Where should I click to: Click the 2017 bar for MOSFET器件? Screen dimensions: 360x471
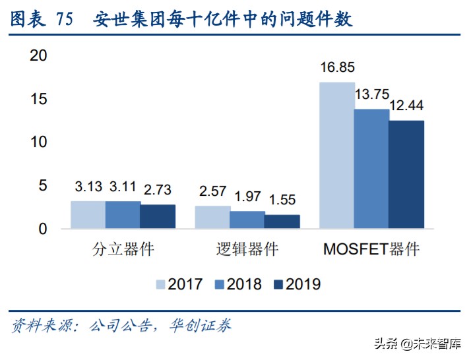[336, 156]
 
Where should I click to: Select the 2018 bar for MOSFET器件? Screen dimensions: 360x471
[371, 169]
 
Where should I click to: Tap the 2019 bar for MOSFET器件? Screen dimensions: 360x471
[406, 175]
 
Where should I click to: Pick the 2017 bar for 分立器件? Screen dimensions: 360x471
[88, 215]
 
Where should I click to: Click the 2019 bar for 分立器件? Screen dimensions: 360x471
[158, 216]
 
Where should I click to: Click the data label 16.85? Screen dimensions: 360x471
[337, 67]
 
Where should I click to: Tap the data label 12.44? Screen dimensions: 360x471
[406, 105]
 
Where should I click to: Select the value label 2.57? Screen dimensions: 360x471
[212, 191]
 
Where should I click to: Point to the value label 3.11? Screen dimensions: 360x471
[123, 189]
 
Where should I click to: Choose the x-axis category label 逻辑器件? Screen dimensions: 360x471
[247, 249]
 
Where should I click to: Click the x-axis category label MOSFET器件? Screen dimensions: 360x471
[371, 249]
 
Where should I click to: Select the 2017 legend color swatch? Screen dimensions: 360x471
[160, 284]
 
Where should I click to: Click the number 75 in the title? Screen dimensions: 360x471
[65, 19]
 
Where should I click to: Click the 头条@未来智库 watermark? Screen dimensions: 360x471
[417, 344]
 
